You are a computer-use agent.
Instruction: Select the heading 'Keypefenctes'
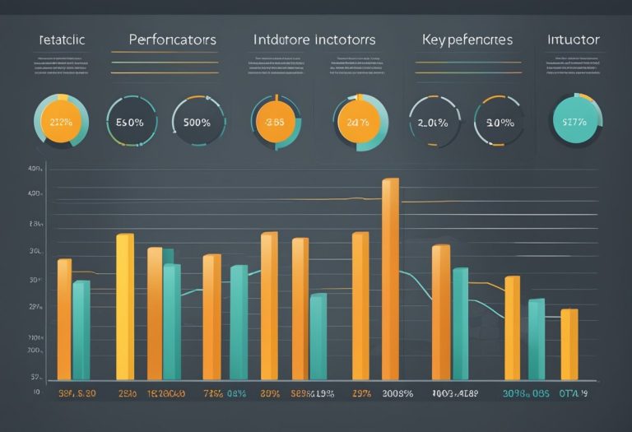click(x=467, y=39)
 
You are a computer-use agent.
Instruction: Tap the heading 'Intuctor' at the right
click(x=574, y=39)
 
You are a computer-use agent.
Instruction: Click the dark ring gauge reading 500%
click(x=197, y=123)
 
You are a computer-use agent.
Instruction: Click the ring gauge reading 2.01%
click(x=434, y=123)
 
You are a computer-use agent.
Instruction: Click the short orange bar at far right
click(x=569, y=343)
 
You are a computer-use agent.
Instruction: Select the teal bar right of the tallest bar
click(x=460, y=323)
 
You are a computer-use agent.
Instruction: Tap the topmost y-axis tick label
click(x=35, y=169)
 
